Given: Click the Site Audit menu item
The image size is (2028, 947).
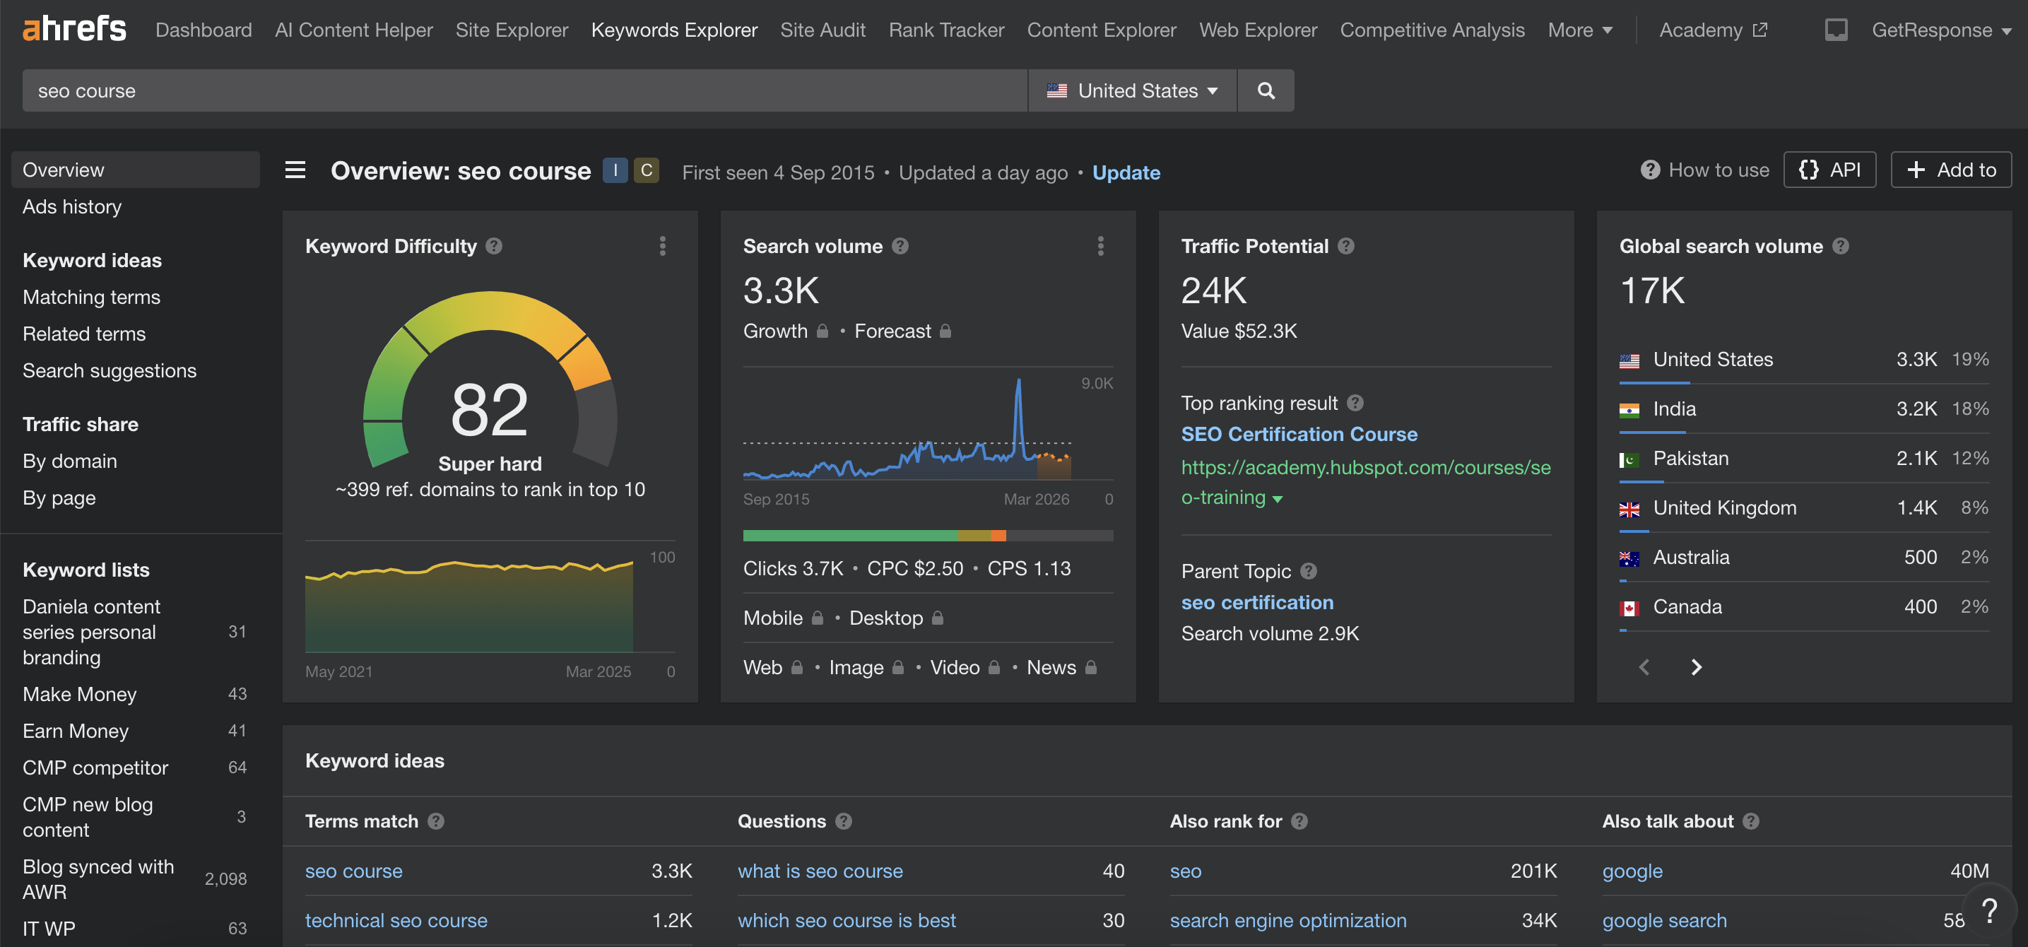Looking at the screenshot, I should (x=822, y=30).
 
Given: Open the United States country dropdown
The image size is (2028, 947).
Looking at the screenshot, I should (x=1132, y=90).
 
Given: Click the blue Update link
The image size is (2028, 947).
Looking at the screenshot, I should (x=1126, y=172).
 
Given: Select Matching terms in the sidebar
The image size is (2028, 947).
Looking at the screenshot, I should (x=91, y=297).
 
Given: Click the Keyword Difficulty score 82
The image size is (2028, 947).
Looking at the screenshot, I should (x=489, y=410).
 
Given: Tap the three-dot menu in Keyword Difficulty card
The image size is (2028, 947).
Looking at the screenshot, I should (x=662, y=247).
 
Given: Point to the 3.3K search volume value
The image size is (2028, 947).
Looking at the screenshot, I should (x=781, y=291).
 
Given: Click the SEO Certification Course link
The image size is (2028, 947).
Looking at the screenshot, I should (x=1298, y=434).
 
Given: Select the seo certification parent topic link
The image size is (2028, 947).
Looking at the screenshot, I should (x=1256, y=602).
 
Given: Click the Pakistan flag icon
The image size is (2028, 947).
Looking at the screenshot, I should (x=1629, y=459).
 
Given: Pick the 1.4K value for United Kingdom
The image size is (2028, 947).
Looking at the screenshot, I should (x=1916, y=507).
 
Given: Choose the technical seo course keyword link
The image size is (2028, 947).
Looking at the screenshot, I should (x=396, y=920).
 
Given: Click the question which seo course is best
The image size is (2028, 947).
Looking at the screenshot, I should (x=847, y=920).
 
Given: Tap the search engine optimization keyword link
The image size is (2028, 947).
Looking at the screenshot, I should (x=1287, y=920).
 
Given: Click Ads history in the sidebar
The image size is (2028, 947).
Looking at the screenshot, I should (x=71, y=206).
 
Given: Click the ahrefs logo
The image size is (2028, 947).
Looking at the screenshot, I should (x=74, y=29).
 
